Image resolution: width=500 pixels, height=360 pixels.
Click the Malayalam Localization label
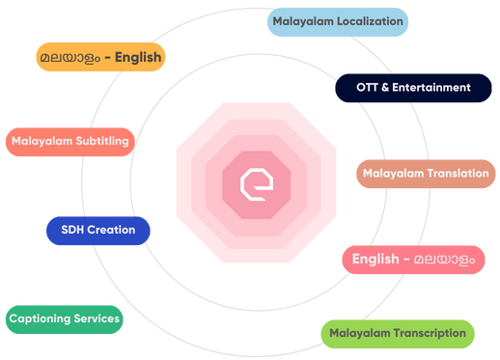pos(338,21)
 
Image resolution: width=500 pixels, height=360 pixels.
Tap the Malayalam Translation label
pos(426,174)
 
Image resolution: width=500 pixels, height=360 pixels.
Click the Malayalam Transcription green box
pos(397,334)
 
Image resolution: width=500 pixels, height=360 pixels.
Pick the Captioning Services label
pos(64,318)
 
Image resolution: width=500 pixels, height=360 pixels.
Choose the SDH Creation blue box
pos(97,231)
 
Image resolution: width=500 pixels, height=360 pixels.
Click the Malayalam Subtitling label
pos(70,141)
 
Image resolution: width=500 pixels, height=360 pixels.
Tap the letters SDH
pos(72,231)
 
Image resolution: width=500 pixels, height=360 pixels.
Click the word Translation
pos(456,174)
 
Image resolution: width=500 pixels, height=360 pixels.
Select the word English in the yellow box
pos(137,57)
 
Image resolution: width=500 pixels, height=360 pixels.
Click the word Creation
pos(111,231)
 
